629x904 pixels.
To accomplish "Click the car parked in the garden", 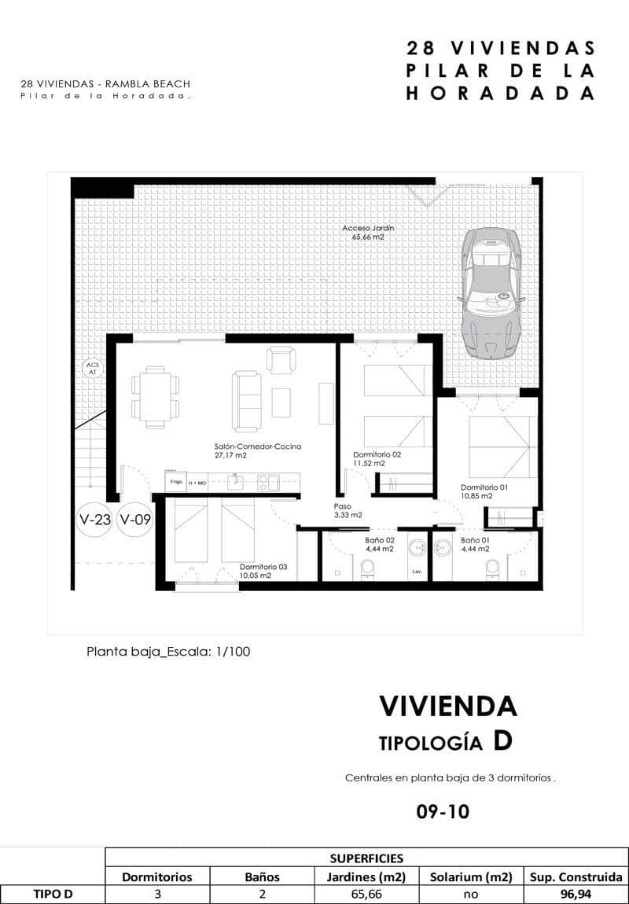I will point(491,291).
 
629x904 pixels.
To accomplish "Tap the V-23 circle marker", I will point(94,520).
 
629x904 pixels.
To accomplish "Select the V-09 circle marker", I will point(134,520).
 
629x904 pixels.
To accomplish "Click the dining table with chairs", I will point(155,393).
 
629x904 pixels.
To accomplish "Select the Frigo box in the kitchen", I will point(175,481).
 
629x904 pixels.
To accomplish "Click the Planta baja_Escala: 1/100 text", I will point(168,651).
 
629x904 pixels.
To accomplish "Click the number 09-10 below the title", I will point(443,811).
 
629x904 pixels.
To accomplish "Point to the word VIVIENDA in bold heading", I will point(448,706).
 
